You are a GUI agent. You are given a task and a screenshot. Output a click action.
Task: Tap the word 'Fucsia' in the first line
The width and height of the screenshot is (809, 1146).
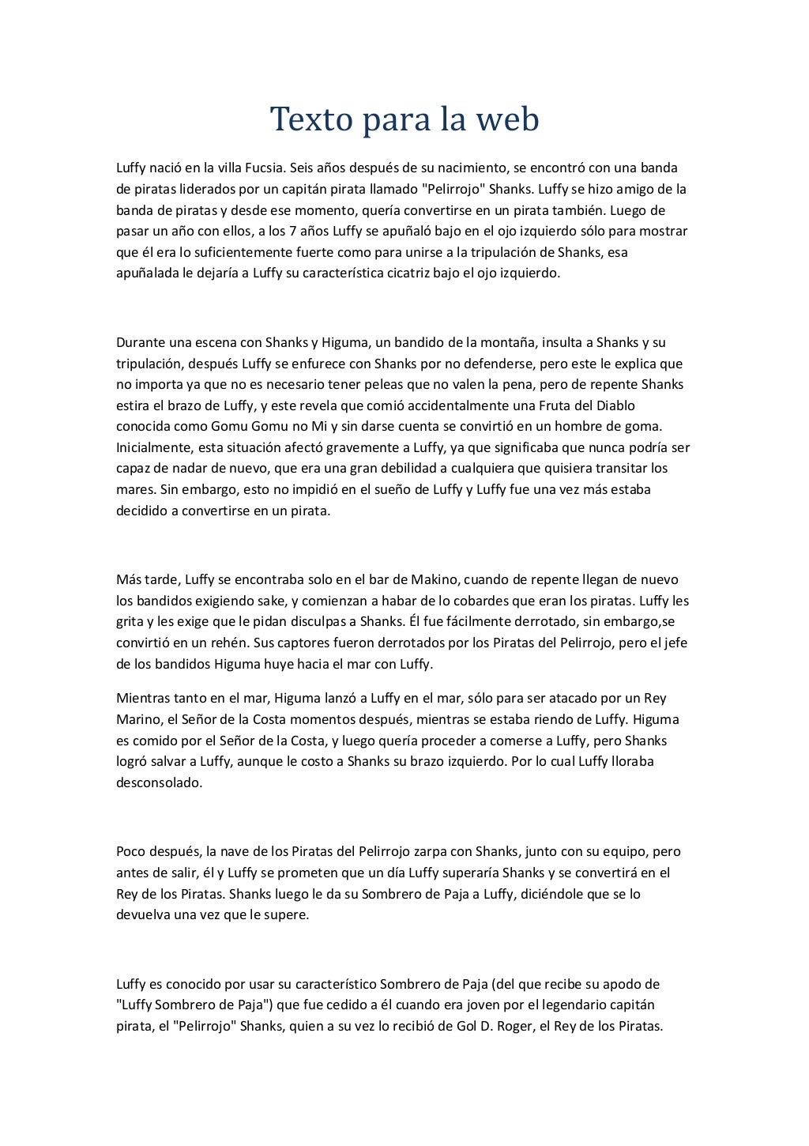point(255,168)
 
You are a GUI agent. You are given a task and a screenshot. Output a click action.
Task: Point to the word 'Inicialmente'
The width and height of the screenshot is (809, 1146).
point(152,447)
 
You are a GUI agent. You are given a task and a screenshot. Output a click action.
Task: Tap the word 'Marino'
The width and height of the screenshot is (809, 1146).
point(137,719)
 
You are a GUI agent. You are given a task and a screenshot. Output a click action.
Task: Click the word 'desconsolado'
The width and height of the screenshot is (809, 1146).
point(159,783)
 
